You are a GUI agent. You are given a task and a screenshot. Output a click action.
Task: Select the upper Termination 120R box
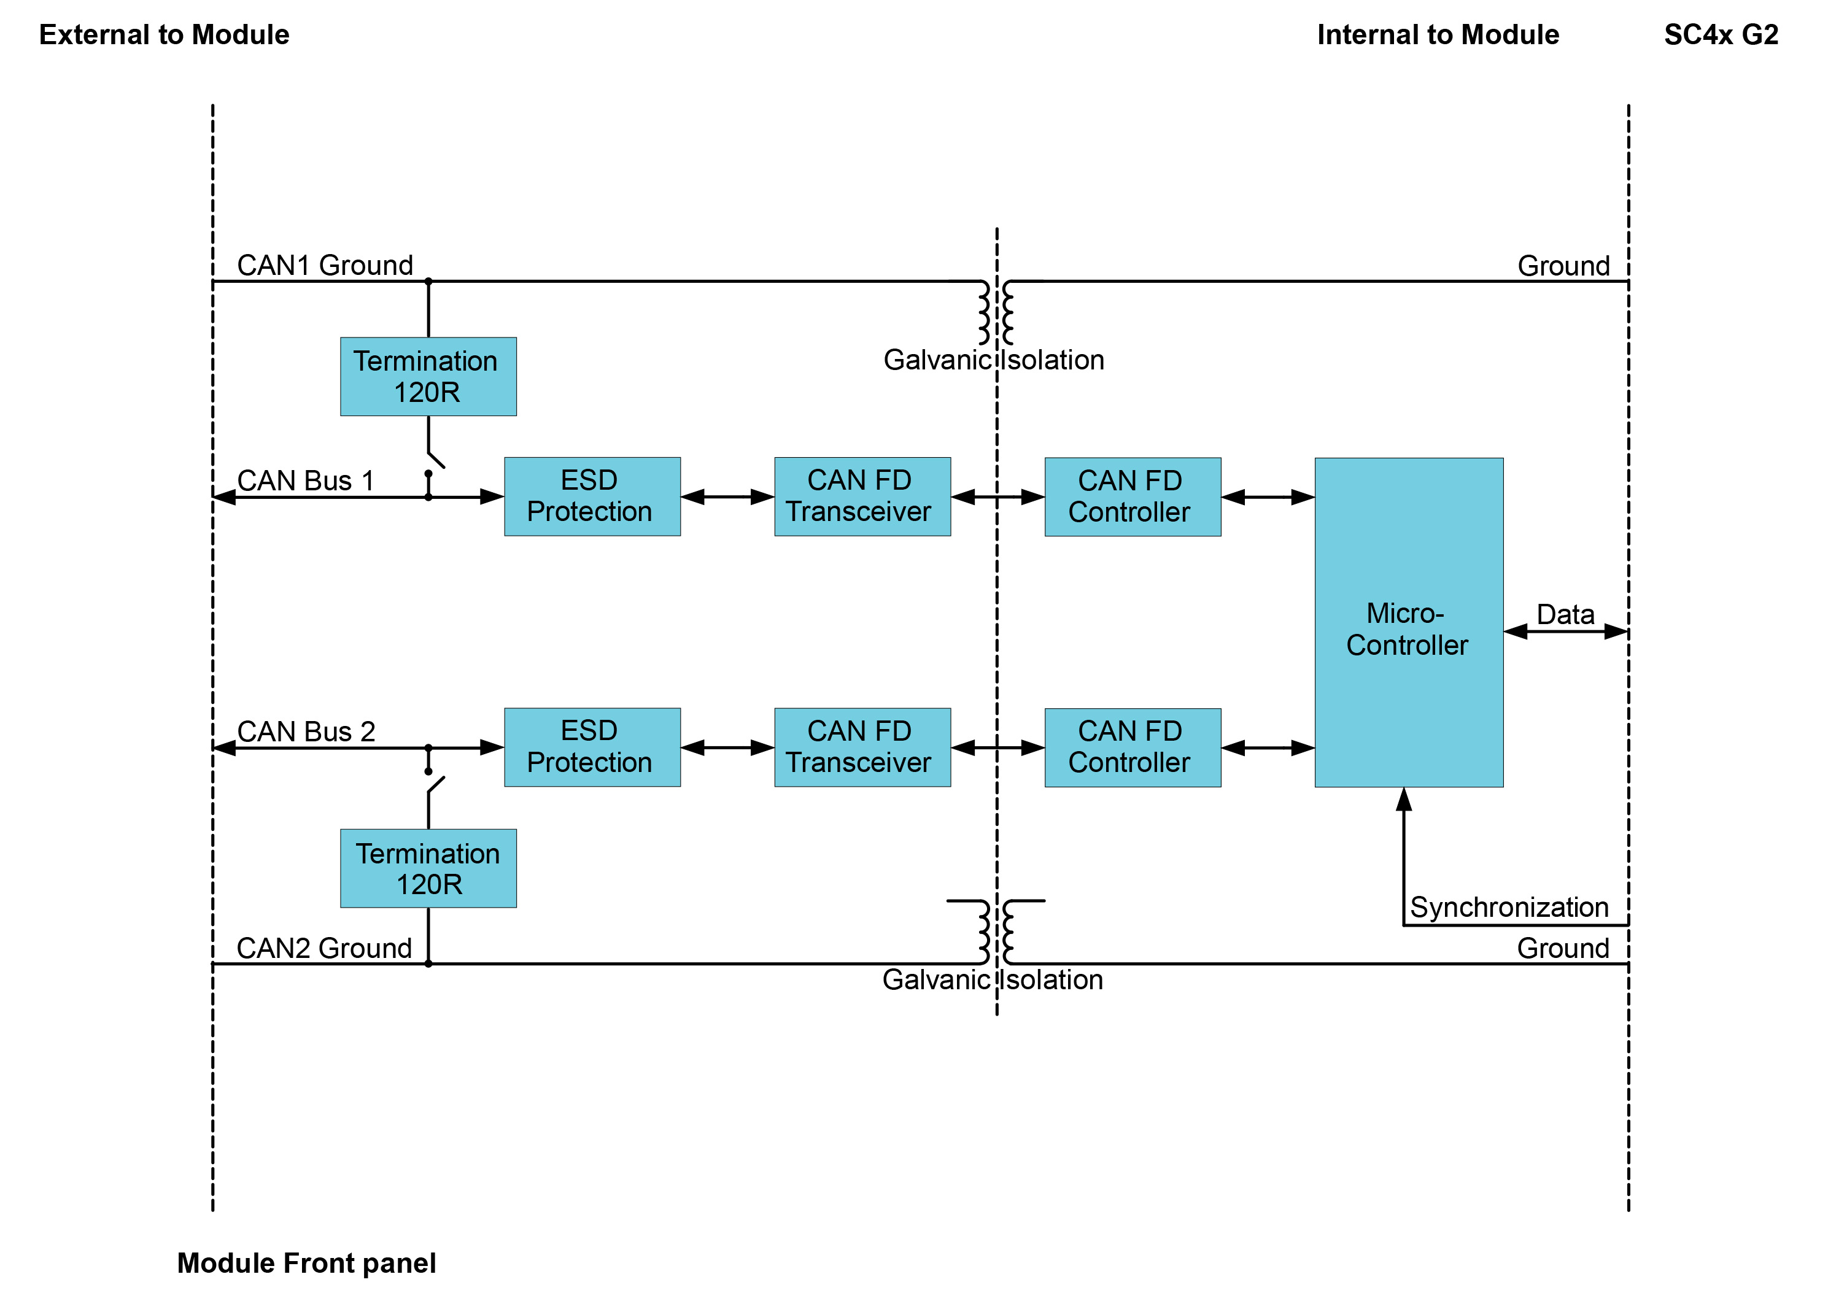click(x=428, y=377)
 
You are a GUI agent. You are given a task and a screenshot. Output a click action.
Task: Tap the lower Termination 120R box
click(x=428, y=868)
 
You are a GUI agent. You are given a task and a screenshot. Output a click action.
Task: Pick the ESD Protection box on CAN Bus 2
click(x=592, y=747)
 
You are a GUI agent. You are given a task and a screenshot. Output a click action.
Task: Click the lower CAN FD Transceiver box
click(x=862, y=747)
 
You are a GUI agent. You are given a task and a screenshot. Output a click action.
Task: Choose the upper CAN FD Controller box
click(x=1132, y=497)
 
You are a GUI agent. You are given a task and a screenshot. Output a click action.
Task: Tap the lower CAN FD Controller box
click(x=1132, y=747)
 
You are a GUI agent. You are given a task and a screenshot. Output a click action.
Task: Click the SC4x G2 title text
click(x=1721, y=35)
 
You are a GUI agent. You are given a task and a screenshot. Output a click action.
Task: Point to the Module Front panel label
click(x=306, y=1263)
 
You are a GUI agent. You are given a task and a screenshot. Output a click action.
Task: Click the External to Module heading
click(x=164, y=35)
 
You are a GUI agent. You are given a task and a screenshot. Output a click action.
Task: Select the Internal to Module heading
click(x=1438, y=35)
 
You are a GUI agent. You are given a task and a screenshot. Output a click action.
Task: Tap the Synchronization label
click(x=1509, y=907)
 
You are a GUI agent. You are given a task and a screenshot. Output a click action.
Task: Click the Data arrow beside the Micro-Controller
click(x=1565, y=631)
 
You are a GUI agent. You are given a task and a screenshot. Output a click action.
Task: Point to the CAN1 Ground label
click(x=325, y=265)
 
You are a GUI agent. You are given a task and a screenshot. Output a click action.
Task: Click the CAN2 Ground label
click(x=324, y=948)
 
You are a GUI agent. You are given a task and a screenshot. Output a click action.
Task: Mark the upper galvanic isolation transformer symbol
click(x=997, y=312)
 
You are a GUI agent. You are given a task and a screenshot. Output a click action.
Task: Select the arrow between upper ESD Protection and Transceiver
click(x=727, y=497)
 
